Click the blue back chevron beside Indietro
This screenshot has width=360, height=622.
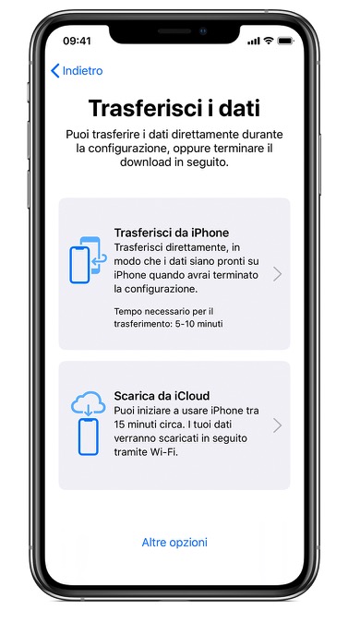[x=55, y=71]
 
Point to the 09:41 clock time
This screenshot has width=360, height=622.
[x=77, y=41]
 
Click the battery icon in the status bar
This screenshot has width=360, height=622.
[x=285, y=41]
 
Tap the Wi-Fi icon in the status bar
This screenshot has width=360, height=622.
[x=269, y=41]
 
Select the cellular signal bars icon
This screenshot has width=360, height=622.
[x=254, y=42]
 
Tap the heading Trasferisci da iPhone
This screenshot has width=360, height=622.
[x=172, y=233]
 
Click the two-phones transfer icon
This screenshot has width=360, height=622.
[x=88, y=260]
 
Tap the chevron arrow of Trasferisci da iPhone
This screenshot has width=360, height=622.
[x=278, y=274]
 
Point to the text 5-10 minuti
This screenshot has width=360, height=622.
[x=199, y=324]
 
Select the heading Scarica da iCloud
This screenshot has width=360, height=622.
[x=162, y=396]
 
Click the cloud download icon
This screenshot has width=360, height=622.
[x=88, y=404]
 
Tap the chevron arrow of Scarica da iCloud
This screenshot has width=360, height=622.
[x=278, y=425]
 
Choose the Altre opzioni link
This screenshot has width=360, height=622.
[x=174, y=543]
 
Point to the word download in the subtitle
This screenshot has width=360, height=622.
[x=144, y=162]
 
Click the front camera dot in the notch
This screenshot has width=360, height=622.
[x=203, y=31]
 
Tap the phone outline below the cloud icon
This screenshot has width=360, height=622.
[x=88, y=437]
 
